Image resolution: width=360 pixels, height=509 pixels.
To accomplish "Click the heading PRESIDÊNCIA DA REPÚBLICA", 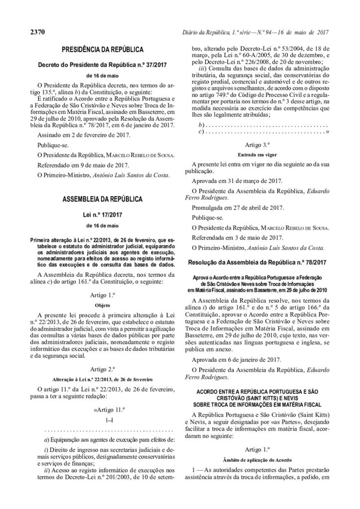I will [103, 50].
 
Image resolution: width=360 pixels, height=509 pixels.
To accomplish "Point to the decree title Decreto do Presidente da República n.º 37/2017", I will [103, 65].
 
